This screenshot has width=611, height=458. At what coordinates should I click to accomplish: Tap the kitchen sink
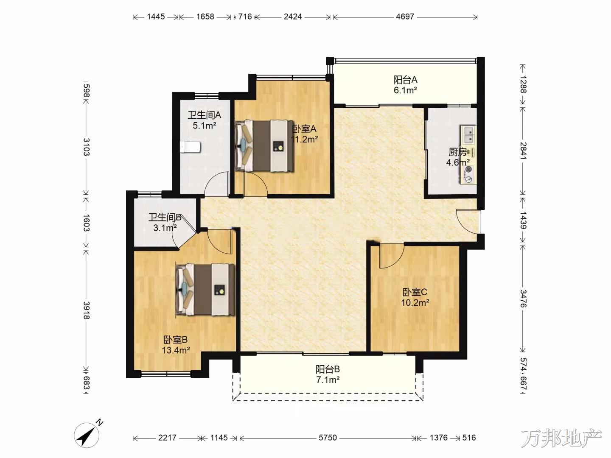(468, 134)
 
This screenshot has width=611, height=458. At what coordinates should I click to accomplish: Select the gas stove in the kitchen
(468, 175)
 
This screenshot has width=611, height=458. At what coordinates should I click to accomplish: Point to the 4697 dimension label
(405, 17)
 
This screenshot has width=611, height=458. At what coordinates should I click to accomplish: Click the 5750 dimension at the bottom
(328, 438)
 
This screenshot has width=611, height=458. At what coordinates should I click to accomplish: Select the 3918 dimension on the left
(86, 310)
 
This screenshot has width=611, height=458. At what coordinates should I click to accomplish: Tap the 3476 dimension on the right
(523, 299)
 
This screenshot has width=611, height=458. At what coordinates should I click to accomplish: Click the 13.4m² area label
(176, 350)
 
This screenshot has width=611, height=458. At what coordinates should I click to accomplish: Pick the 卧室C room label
(415, 292)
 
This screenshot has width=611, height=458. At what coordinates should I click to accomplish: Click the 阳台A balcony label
(405, 80)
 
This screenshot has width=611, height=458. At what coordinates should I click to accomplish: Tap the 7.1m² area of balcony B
(328, 380)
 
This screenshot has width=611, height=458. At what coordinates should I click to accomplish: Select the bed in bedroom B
(205, 290)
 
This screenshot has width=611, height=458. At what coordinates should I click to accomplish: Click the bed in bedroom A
(264, 145)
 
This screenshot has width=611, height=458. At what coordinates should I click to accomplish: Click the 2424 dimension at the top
(292, 17)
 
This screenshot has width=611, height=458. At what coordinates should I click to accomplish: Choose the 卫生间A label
(205, 114)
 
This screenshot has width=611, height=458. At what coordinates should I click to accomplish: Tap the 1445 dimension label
(156, 17)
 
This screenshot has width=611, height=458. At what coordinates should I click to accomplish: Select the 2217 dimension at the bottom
(167, 438)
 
